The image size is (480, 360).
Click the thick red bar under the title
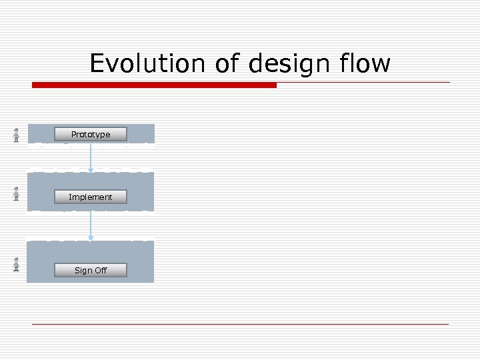(x=154, y=85)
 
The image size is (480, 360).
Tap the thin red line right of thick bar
(x=363, y=83)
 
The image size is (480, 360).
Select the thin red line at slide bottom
(x=240, y=324)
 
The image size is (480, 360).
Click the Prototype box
(x=91, y=134)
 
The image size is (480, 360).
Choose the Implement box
(x=91, y=197)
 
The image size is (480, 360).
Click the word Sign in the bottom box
(x=83, y=270)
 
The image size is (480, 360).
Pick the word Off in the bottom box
(x=101, y=270)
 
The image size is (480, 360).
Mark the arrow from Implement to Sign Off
(x=91, y=226)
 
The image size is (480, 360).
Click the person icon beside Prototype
(x=16, y=135)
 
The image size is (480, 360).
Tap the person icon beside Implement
(x=16, y=194)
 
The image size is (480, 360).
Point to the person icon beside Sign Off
(x=16, y=264)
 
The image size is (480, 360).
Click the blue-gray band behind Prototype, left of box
(x=40, y=133)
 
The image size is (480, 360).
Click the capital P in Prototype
(x=74, y=134)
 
